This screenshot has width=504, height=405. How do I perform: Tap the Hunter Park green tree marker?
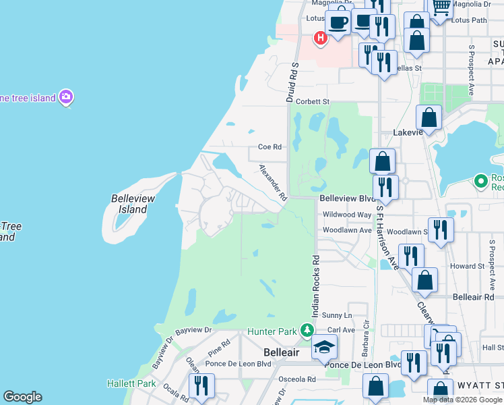click(x=307, y=330)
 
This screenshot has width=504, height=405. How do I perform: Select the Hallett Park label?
click(x=131, y=383)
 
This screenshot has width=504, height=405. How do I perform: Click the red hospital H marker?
click(x=321, y=38)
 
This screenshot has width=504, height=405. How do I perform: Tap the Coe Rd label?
click(x=269, y=146)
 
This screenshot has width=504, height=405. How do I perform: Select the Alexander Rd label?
click(x=274, y=183)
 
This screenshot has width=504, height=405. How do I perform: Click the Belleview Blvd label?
click(x=346, y=198)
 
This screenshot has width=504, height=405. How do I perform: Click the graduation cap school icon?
click(x=324, y=348)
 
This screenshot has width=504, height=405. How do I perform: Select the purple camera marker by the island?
click(x=66, y=98)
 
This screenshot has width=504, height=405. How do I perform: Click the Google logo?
click(x=22, y=397)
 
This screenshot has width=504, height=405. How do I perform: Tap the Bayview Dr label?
click(x=193, y=331)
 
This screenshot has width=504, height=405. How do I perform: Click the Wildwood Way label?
click(x=347, y=215)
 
